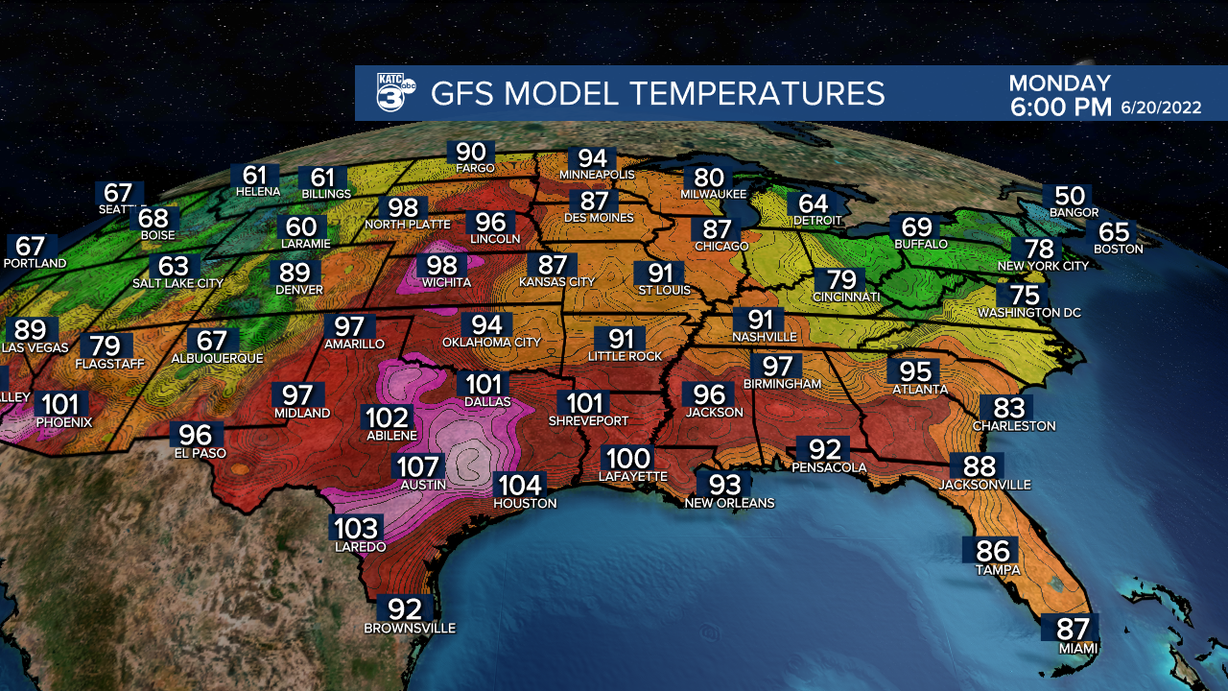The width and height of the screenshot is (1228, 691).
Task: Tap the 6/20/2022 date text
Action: (x=1161, y=107)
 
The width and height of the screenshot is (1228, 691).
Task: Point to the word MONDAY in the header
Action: (x=1059, y=83)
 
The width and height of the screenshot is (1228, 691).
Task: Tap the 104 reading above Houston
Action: (x=519, y=486)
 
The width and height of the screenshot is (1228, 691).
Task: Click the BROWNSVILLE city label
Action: (x=410, y=628)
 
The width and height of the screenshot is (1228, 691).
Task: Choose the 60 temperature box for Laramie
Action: (x=301, y=227)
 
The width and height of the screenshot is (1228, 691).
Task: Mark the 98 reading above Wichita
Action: (x=442, y=265)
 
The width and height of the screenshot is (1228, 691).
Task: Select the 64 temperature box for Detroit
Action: (x=812, y=203)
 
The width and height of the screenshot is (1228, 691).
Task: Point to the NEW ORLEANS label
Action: (x=729, y=502)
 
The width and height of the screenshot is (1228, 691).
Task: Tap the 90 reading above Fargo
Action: (x=470, y=152)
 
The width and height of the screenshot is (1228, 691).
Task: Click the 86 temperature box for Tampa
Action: (x=993, y=551)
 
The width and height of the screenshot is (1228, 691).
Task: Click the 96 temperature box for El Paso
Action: (x=195, y=435)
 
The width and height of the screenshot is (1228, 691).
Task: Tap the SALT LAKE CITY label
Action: (x=177, y=283)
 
